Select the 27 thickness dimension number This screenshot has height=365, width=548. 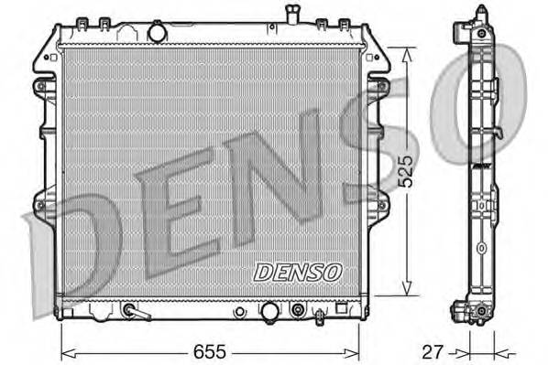tap(432, 351)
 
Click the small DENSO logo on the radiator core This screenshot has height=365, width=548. tap(297, 273)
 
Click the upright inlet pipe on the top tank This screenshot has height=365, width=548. tap(292, 16)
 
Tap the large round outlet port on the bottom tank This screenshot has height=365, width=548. tap(269, 313)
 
